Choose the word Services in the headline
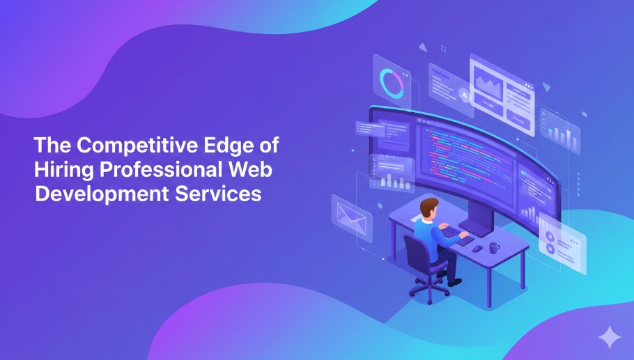point(223,193)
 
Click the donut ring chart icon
point(391,84)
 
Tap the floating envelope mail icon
point(352,214)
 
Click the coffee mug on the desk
point(493,247)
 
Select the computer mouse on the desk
point(477,248)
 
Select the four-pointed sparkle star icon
point(610,337)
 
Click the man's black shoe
point(455,281)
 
